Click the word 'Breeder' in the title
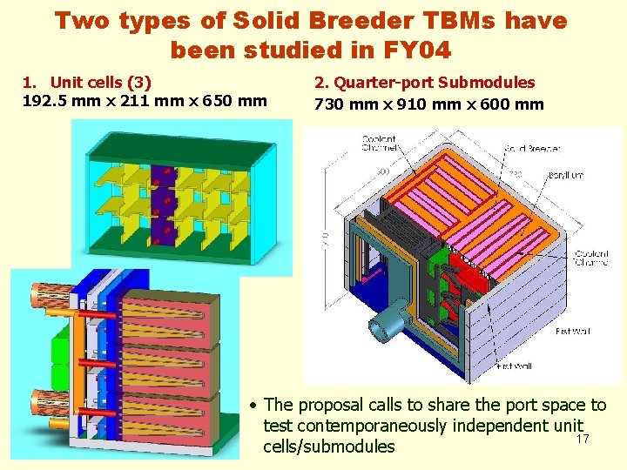point(368,20)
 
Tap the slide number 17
point(583,439)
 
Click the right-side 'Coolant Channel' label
point(592,258)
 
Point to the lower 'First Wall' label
point(516,366)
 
